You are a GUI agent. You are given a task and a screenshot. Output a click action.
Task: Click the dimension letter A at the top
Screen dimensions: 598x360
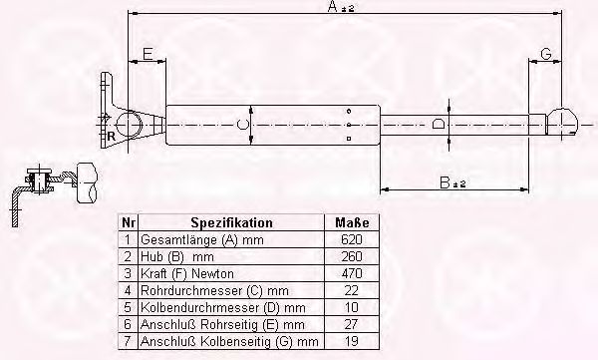(x=333, y=6)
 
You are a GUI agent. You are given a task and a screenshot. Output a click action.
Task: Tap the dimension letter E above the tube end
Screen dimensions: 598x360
(x=148, y=54)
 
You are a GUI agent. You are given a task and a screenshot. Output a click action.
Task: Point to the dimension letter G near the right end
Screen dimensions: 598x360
(x=546, y=54)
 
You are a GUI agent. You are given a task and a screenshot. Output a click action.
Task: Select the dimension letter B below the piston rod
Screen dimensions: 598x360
(x=445, y=182)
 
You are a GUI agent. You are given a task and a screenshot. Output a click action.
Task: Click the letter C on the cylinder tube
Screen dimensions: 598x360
(x=242, y=125)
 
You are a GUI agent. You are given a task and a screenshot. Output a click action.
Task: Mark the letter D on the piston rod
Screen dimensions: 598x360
(x=439, y=124)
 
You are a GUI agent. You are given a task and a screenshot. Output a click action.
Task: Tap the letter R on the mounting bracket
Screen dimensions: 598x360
(x=111, y=137)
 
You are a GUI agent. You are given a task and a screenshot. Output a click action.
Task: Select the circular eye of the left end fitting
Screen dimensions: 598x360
(x=129, y=125)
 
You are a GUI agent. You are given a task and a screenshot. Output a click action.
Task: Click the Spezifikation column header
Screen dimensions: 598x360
(x=231, y=222)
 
